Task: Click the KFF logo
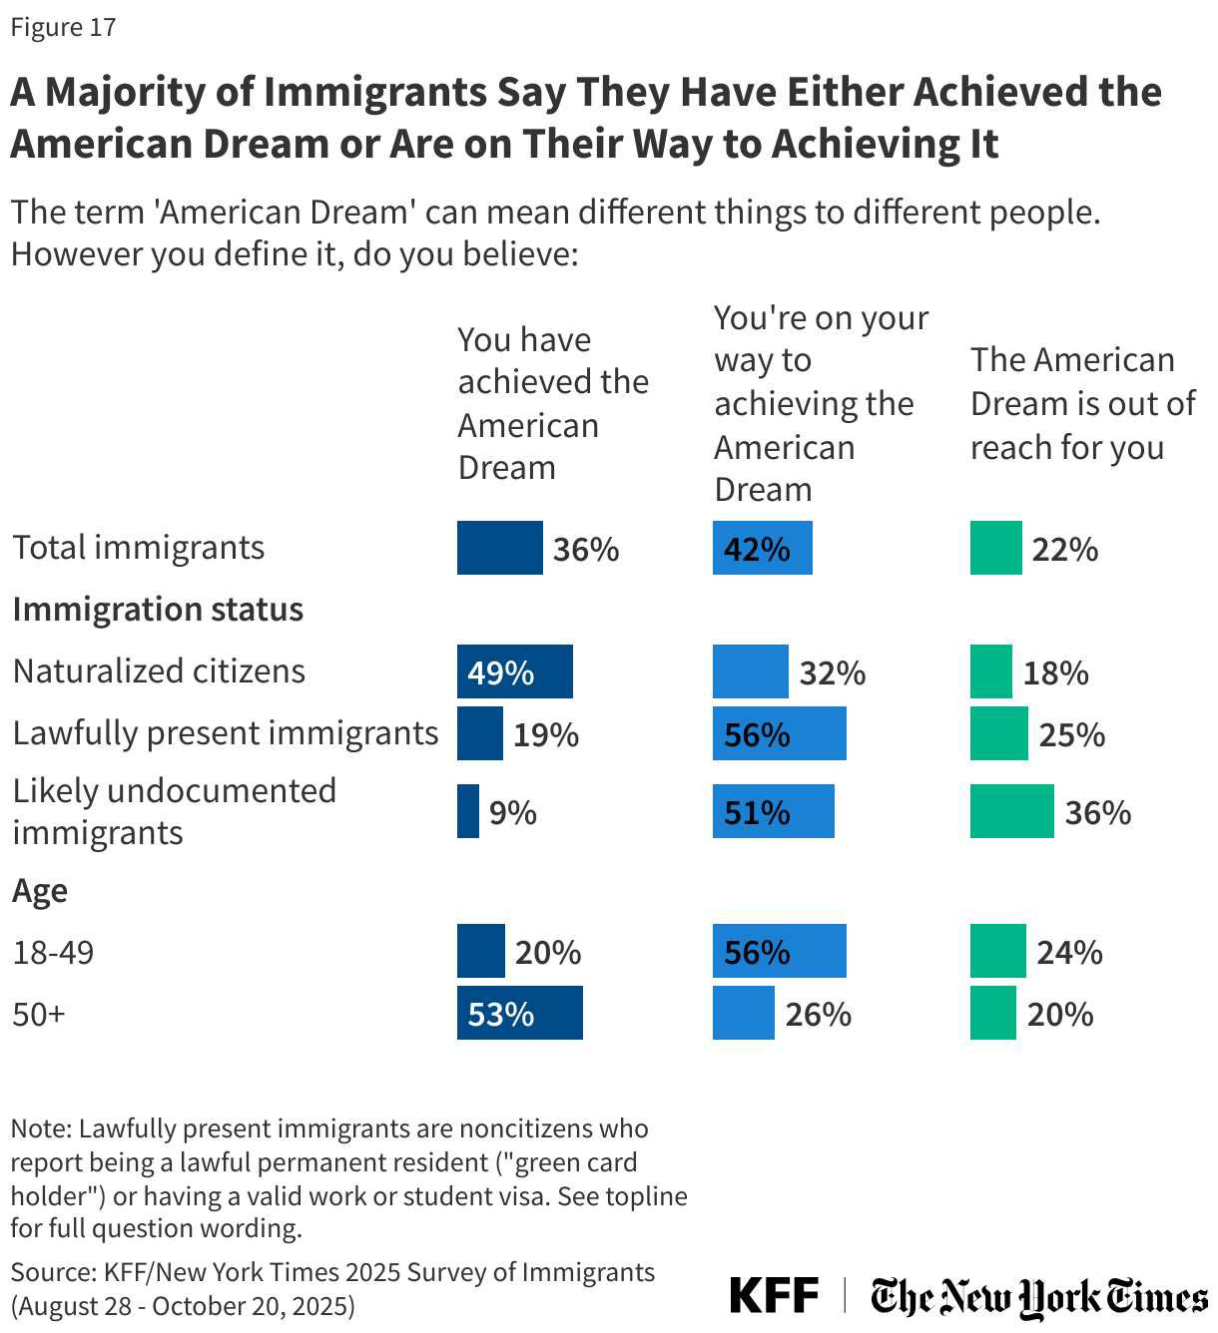[x=774, y=1295]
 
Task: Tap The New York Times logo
[x=1038, y=1297]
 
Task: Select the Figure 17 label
[x=63, y=27]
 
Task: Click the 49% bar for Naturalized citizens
[x=514, y=671]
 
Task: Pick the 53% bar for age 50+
[x=519, y=1013]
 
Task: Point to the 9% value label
[x=513, y=812]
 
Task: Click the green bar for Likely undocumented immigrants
[x=1011, y=811]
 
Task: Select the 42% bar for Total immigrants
[x=762, y=548]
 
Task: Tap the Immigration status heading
[x=158, y=609]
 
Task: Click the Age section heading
[x=40, y=890]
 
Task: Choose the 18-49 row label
[x=53, y=952]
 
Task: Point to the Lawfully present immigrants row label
[x=226, y=733]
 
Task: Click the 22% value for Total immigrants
[x=1064, y=549]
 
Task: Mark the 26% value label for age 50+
[x=818, y=1014]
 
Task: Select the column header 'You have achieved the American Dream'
[x=553, y=403]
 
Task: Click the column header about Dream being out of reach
[x=1082, y=403]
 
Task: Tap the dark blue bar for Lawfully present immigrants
[x=480, y=733]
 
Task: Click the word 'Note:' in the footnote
[x=42, y=1128]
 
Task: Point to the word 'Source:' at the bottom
[x=53, y=1272]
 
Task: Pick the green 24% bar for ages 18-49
[x=997, y=951]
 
